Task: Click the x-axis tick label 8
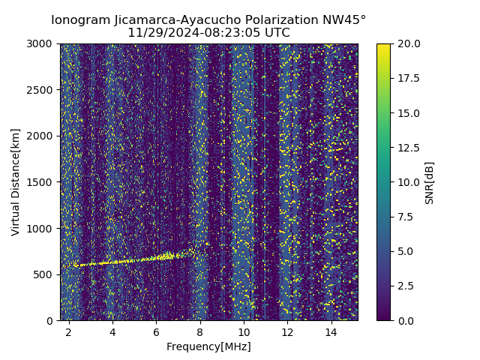[200, 331]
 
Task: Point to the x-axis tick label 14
[331, 331]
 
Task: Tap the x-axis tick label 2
[69, 331]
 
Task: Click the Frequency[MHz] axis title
[208, 346]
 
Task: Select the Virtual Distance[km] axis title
[16, 181]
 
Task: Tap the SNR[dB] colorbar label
[430, 182]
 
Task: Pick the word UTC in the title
[276, 33]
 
